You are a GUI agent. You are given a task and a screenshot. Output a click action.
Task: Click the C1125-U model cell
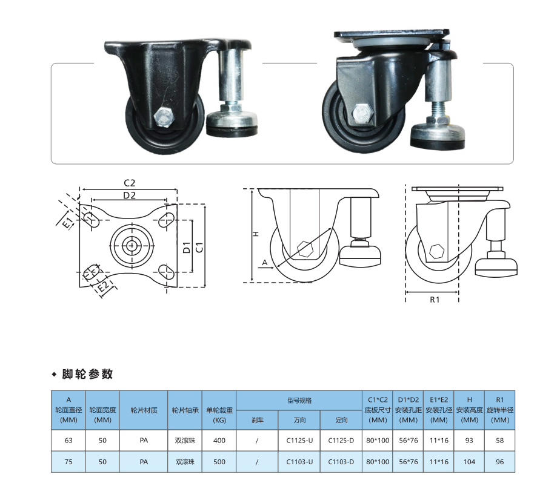(x=299, y=441)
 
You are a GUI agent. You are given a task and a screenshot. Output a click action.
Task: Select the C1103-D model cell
(x=341, y=462)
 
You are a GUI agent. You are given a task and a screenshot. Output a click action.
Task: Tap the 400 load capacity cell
(x=219, y=441)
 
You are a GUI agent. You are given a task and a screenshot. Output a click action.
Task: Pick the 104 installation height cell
(x=469, y=462)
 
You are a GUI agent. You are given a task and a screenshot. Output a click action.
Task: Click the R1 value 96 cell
(x=499, y=462)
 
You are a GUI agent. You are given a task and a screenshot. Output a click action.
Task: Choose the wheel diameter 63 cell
(x=68, y=441)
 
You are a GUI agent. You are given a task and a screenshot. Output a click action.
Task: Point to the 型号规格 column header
(x=299, y=401)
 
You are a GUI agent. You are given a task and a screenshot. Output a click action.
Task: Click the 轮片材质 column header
(x=144, y=410)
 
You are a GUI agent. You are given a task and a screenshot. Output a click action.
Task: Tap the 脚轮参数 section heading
(x=87, y=374)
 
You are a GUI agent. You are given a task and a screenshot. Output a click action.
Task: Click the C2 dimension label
(x=130, y=183)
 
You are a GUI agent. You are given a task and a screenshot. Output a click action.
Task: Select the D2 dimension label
(x=129, y=195)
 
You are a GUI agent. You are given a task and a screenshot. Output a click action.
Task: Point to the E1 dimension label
(x=68, y=222)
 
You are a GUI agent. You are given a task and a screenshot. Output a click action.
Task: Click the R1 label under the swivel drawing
(x=435, y=300)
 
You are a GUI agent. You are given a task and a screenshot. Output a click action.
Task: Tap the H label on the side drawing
(x=256, y=234)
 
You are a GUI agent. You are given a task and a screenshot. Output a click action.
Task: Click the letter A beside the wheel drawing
(x=265, y=263)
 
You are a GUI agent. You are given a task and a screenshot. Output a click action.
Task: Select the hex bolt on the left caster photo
(x=164, y=117)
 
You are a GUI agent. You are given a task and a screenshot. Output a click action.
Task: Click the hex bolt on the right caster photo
(x=362, y=114)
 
